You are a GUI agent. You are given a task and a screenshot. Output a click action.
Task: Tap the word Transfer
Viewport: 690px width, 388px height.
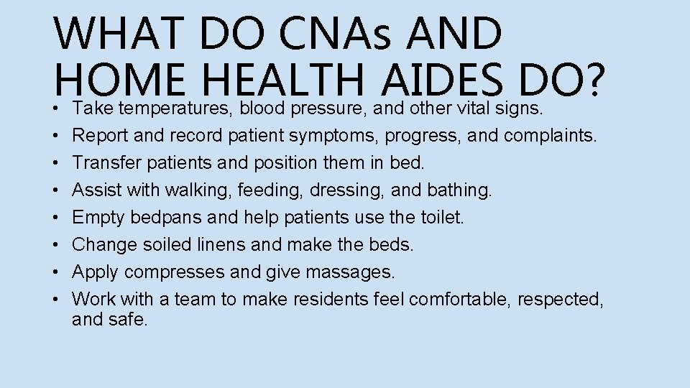[107, 162]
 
